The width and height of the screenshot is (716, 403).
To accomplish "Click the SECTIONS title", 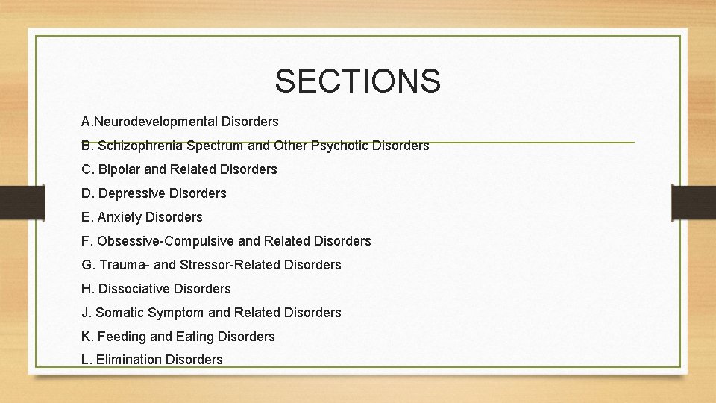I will [357, 81].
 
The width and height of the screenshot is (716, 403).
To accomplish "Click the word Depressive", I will [132, 193].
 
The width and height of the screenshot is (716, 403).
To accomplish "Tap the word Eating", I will [193, 337].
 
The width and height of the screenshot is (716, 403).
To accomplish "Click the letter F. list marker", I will [86, 241].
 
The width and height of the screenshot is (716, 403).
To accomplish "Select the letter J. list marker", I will [86, 313].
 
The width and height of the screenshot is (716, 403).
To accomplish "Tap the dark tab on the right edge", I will [694, 201].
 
